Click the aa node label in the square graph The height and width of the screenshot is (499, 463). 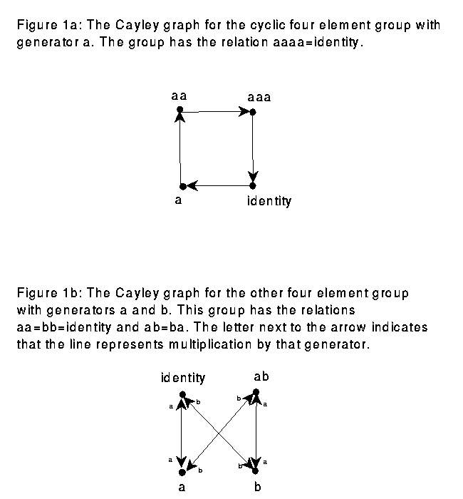tap(179, 95)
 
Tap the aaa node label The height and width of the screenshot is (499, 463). tap(259, 96)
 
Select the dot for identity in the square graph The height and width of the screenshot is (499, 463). tap(253, 185)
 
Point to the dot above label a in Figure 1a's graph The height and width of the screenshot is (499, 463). tap(183, 186)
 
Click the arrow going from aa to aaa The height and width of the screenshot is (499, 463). tap(217, 111)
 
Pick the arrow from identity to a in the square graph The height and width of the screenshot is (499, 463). tap(218, 186)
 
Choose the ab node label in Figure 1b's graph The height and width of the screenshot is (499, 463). tap(261, 376)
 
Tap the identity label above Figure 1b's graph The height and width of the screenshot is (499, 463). tap(183, 377)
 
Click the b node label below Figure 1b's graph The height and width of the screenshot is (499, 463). tap(258, 488)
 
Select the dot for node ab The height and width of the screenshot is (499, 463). tap(256, 392)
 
